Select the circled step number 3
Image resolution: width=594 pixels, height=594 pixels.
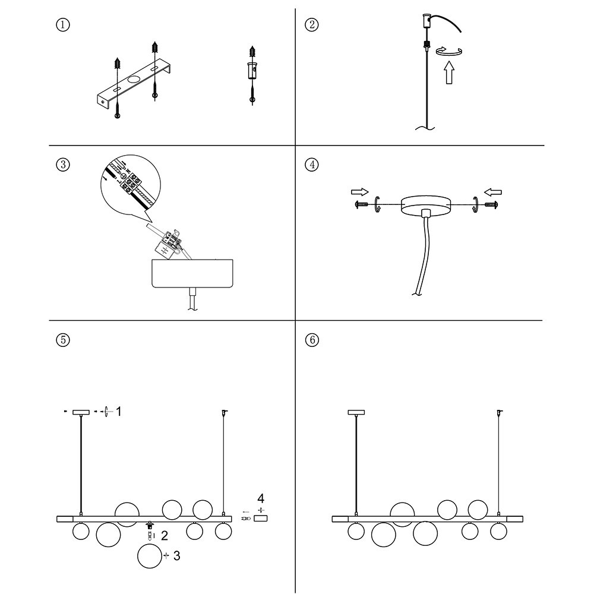(x=63, y=165)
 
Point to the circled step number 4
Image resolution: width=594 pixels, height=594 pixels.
(x=311, y=165)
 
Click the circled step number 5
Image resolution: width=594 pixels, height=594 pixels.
(x=63, y=340)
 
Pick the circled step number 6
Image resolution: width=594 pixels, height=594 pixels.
(x=311, y=340)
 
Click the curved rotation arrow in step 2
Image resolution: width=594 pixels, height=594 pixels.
(x=450, y=52)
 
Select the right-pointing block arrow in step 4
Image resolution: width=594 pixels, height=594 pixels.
(x=359, y=192)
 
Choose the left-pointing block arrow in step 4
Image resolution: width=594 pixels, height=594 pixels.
(x=493, y=192)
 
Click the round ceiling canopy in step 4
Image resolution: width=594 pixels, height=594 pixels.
(x=426, y=205)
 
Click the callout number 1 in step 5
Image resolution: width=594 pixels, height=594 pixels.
(x=119, y=411)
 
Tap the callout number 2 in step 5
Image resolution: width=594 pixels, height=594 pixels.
(x=165, y=536)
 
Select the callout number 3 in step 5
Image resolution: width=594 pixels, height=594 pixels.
(x=176, y=556)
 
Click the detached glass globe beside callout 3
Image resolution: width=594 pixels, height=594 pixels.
(x=149, y=557)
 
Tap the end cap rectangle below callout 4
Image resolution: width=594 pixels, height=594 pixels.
(x=261, y=519)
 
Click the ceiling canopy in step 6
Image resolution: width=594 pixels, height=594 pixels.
(x=356, y=412)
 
